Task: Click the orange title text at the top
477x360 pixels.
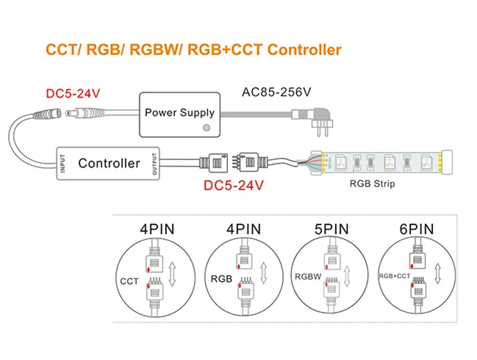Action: (193, 50)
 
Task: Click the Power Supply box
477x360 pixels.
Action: (179, 114)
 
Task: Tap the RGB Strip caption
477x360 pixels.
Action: (372, 184)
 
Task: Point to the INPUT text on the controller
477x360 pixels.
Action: (63, 163)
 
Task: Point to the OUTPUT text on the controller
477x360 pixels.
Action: (155, 163)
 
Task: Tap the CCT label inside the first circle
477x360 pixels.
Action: (129, 282)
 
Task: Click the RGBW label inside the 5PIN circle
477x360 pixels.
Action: (308, 277)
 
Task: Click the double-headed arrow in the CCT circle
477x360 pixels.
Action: (172, 274)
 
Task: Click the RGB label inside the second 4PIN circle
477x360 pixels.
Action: (221, 279)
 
